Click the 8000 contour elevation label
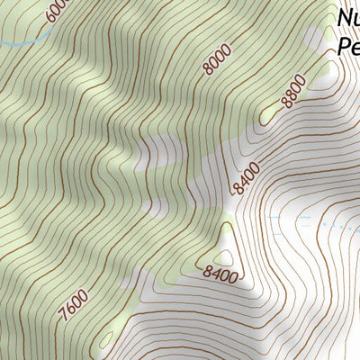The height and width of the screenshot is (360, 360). pos(217,58)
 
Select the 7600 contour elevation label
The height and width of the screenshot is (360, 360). pos(76,302)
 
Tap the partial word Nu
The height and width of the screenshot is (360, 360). pos(349,18)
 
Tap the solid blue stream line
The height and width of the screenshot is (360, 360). pos(22,42)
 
